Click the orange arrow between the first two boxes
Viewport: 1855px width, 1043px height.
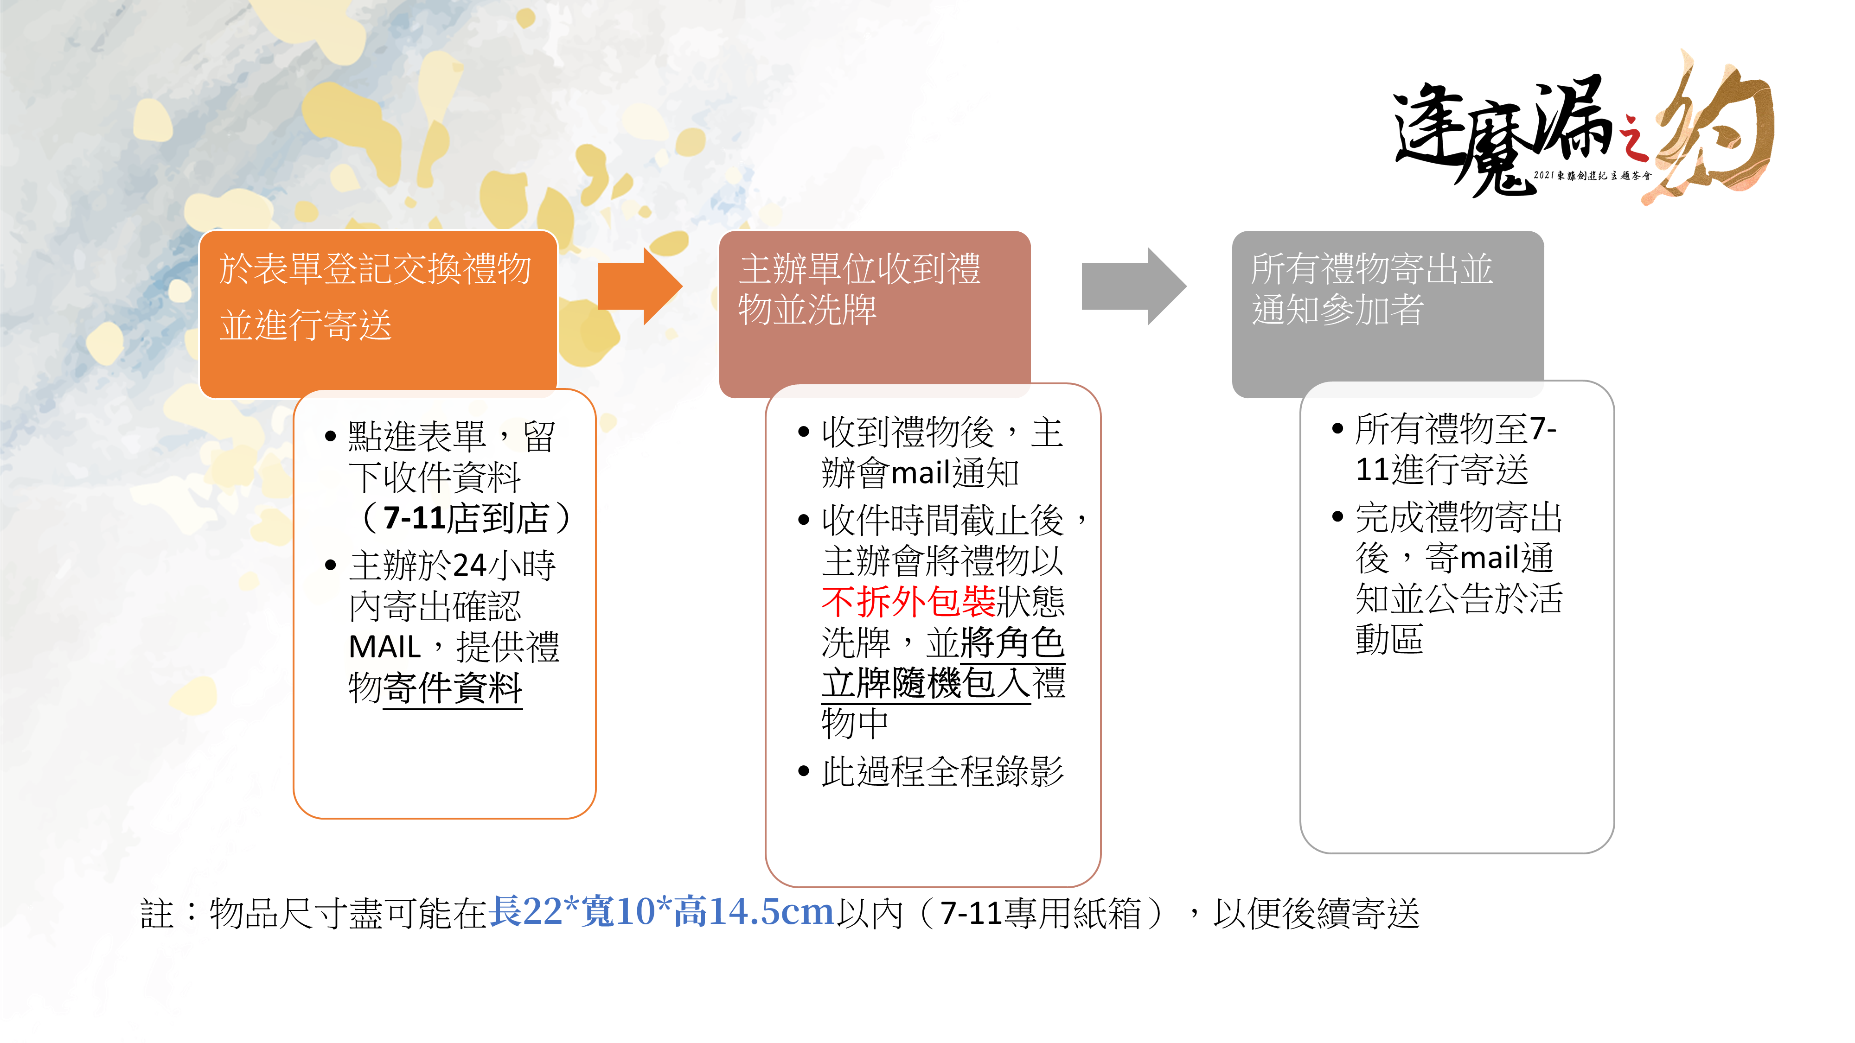pyautogui.click(x=640, y=286)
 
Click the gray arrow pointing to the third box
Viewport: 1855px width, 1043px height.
pyautogui.click(x=1133, y=286)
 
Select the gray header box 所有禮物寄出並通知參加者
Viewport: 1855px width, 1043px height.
pyautogui.click(x=1388, y=314)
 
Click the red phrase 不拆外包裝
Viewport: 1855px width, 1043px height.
pyautogui.click(x=908, y=602)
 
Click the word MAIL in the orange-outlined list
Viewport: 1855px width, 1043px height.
pyautogui.click(x=384, y=647)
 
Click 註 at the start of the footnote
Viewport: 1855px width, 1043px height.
pyautogui.click(x=157, y=913)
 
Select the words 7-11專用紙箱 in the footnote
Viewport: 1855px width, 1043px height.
pyautogui.click(x=1041, y=913)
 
